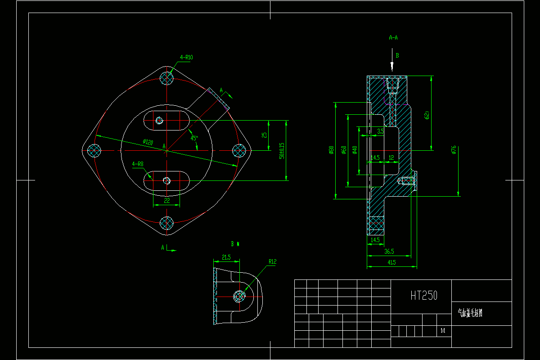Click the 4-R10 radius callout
point(186,58)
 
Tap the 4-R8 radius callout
point(138,164)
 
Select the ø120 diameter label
point(148,142)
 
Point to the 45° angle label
point(194,138)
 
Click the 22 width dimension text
point(166,201)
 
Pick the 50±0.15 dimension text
point(282,151)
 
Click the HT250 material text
point(424,295)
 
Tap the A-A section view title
point(393,38)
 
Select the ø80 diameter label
point(331,150)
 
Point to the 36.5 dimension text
point(389,251)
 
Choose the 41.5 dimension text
point(391,262)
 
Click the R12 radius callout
point(272,261)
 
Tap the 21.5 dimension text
point(226,257)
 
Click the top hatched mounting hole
point(167,78)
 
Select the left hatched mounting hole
point(94,150)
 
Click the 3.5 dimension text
point(380,131)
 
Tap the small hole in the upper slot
point(159,120)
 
